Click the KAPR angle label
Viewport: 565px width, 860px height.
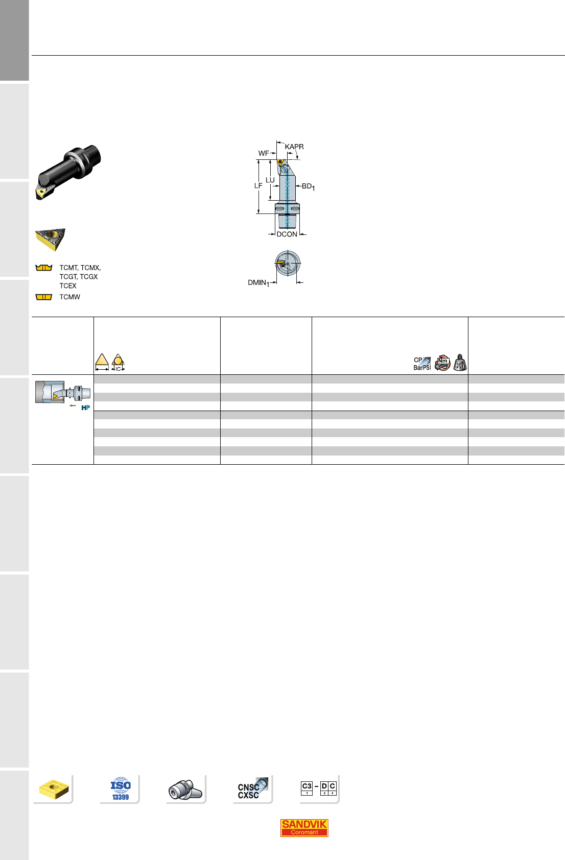[294, 147]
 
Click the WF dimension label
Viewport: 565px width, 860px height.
[264, 153]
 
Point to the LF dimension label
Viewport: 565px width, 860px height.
[258, 186]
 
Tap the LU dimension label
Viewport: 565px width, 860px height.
[270, 180]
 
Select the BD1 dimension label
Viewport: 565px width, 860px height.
[308, 186]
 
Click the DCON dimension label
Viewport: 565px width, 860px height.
[287, 234]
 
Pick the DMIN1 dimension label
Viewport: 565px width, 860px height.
[258, 283]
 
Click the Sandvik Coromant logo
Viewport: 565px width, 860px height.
[304, 828]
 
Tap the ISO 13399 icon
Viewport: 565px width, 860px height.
[121, 789]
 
